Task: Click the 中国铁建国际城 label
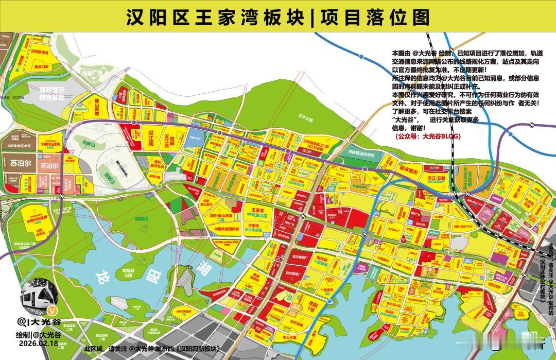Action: [x=228, y=229]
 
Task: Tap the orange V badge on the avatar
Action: [x=51, y=311]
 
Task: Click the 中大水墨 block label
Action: [x=291, y=338]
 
